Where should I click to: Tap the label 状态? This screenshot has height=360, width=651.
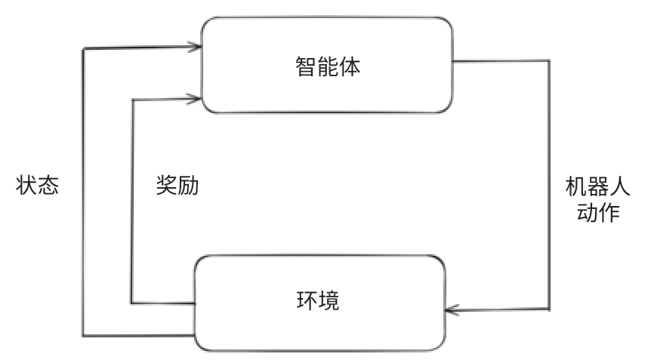point(37,186)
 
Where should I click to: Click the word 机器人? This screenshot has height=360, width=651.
point(591,186)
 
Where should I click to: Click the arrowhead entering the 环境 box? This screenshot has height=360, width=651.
point(451,309)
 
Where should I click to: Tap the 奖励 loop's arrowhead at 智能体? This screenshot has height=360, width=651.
point(196,97)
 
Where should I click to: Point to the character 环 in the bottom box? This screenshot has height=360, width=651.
point(307,302)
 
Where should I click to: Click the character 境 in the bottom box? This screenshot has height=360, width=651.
point(329,302)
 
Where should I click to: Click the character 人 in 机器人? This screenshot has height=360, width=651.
point(614,186)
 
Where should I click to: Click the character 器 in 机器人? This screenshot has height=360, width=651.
point(591,186)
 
